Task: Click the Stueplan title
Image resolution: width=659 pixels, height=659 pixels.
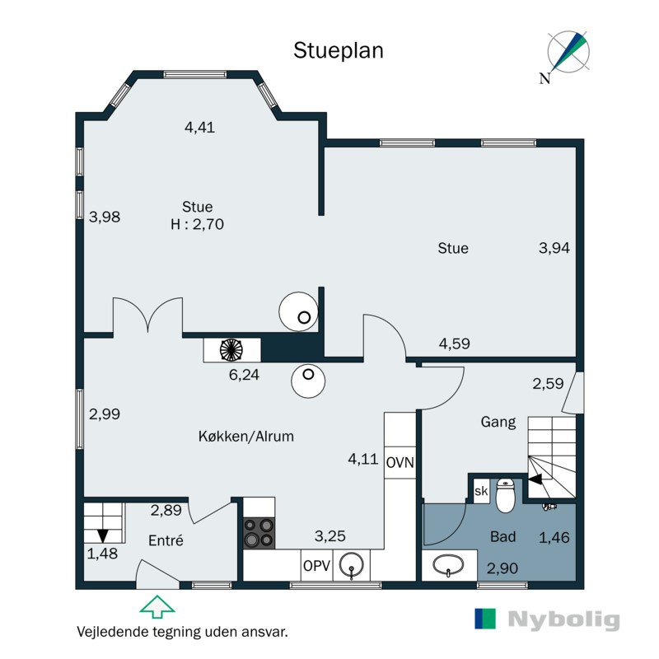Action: click(x=339, y=51)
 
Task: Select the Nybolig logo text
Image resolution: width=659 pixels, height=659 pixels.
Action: click(x=563, y=619)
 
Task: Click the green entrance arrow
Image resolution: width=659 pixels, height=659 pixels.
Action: click(x=157, y=606)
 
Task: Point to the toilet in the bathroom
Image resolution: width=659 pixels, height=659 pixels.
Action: click(x=506, y=496)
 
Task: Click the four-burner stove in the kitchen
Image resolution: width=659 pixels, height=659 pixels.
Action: click(x=259, y=533)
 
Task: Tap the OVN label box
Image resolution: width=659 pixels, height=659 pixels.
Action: click(x=400, y=463)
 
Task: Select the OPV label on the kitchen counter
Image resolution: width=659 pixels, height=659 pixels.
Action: click(x=316, y=566)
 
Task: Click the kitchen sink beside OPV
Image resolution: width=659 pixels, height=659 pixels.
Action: click(x=352, y=565)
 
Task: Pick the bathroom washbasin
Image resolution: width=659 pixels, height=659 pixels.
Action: click(x=448, y=565)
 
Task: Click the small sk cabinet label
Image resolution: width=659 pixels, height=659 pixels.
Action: click(x=481, y=491)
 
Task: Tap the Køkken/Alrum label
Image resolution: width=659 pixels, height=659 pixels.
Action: click(x=245, y=437)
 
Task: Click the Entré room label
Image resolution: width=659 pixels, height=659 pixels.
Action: click(x=166, y=540)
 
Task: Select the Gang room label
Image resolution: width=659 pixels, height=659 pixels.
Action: click(x=498, y=422)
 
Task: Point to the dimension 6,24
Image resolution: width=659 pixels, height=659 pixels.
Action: click(x=244, y=375)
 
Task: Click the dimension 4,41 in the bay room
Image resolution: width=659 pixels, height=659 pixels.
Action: click(x=199, y=127)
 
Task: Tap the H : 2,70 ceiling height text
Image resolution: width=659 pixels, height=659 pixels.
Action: click(x=197, y=224)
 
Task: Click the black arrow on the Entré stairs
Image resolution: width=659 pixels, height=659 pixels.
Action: click(x=102, y=536)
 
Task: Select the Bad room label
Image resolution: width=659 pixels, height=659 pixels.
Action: click(x=502, y=537)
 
